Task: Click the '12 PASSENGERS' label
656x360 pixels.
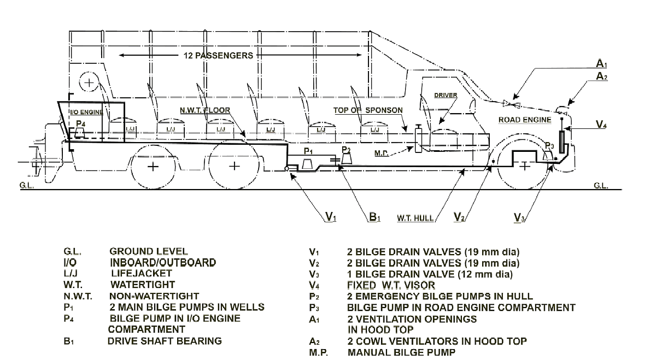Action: click(x=219, y=56)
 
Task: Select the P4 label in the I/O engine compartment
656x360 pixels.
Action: click(x=80, y=124)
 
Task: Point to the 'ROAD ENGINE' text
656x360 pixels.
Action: click(x=525, y=120)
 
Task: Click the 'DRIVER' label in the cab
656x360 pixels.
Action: click(x=446, y=95)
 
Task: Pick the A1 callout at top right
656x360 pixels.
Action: click(x=601, y=64)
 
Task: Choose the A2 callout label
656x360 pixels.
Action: click(x=601, y=77)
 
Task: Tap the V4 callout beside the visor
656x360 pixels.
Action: click(x=601, y=125)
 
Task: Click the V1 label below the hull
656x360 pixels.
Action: click(x=330, y=218)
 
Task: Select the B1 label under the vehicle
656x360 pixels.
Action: click(x=374, y=218)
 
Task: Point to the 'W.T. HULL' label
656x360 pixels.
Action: click(x=415, y=219)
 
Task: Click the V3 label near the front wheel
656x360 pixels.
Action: click(x=520, y=219)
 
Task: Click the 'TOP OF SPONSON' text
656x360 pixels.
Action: click(x=368, y=110)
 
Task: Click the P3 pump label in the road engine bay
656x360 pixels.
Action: click(x=549, y=146)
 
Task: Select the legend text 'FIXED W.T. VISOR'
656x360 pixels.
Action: click(x=390, y=285)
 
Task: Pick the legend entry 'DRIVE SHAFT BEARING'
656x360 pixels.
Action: click(x=164, y=341)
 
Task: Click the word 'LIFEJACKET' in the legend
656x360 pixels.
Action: click(x=141, y=273)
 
